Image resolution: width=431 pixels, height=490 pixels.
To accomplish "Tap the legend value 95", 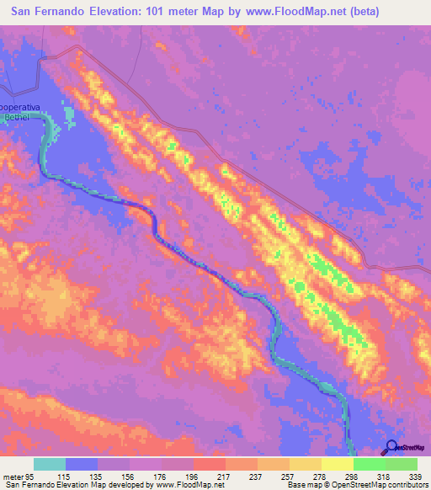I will [x=32, y=477].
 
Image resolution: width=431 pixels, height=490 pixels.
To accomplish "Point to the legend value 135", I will [x=98, y=477].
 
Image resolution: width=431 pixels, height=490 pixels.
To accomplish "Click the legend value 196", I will [x=193, y=477].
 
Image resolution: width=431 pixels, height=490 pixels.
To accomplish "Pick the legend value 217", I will [x=225, y=477].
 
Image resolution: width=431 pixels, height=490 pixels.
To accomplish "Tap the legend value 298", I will [x=352, y=477].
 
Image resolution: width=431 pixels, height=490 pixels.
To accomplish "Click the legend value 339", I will [x=416, y=477].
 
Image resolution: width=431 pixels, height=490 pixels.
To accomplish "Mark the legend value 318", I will [x=384, y=477].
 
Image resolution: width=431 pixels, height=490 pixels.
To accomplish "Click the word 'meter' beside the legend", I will [x=12, y=477].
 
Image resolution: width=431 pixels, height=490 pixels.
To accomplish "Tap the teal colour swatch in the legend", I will [x=50, y=464].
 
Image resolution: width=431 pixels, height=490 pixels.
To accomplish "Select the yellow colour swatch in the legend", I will [x=337, y=464].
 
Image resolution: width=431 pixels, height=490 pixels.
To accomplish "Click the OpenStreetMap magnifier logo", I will [x=391, y=447].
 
